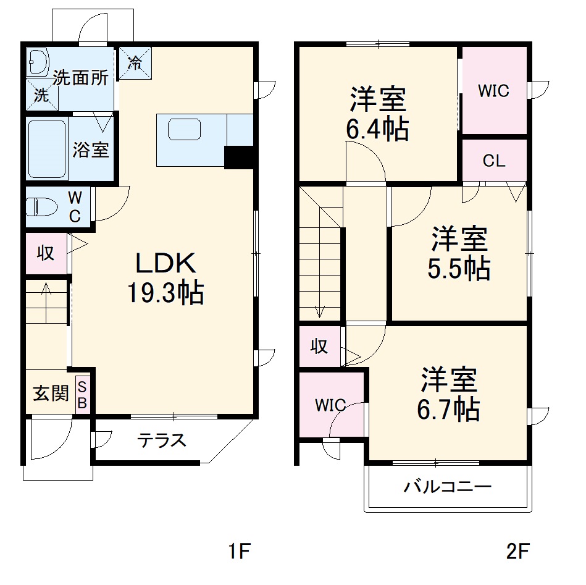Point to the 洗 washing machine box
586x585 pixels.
coord(41,96)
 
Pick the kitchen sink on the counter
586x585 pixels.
coord(184,130)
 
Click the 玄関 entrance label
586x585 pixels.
coord(51,394)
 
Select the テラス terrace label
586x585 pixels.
coord(161,440)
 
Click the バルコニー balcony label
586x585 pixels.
coord(448,487)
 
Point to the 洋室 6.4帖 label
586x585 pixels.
coord(378,114)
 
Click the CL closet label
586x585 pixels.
coord(494,161)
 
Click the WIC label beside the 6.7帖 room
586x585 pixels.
coord(330,406)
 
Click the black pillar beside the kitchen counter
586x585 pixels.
coord(239,158)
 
